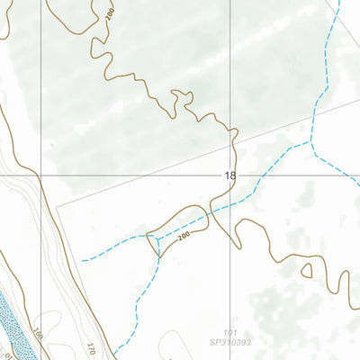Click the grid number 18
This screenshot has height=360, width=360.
click(x=230, y=177)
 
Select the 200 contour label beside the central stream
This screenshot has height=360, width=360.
click(x=184, y=236)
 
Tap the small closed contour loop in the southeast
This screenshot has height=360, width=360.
click(x=307, y=270)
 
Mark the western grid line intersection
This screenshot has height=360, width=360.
click(x=40, y=174)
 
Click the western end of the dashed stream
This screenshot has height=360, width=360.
click(x=84, y=260)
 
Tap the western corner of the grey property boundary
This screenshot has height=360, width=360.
click(x=57, y=206)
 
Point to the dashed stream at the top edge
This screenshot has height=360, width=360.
click(x=339, y=4)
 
